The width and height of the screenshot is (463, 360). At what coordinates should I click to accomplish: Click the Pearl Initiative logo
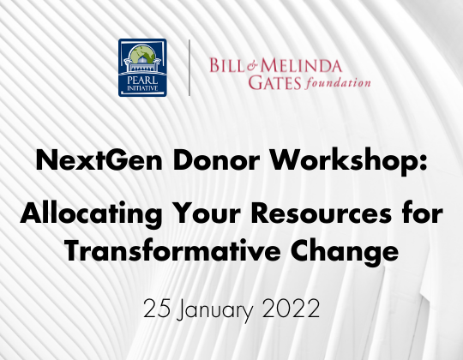click(142, 68)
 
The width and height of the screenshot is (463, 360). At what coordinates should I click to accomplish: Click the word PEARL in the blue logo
click(142, 81)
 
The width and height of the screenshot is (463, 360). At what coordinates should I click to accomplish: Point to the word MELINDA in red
click(301, 65)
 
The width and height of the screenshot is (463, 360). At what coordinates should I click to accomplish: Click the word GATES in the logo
click(274, 82)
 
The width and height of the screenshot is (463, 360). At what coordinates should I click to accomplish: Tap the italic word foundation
click(338, 83)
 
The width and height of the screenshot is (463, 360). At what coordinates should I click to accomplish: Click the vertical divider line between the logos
click(189, 68)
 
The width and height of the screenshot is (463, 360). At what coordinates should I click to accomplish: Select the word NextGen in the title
click(99, 160)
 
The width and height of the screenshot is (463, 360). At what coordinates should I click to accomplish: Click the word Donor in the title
click(216, 160)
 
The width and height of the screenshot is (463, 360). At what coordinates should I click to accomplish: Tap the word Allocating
click(91, 213)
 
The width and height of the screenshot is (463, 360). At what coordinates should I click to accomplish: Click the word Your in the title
click(207, 213)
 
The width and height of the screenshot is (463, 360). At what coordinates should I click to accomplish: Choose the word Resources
click(322, 213)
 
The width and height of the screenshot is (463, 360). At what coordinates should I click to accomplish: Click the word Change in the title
click(345, 252)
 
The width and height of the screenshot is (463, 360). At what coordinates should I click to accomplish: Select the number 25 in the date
click(157, 308)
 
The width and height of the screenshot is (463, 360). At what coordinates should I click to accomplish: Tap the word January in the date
click(215, 309)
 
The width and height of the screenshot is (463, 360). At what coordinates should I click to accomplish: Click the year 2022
click(291, 308)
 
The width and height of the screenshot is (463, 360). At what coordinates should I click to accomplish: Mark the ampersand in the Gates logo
click(252, 66)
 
